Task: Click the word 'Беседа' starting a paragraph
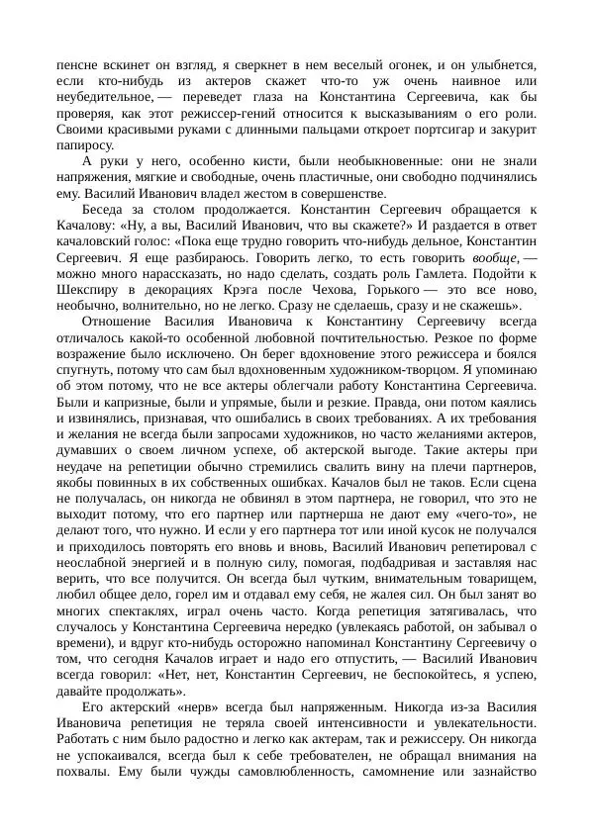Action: (x=104, y=212)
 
